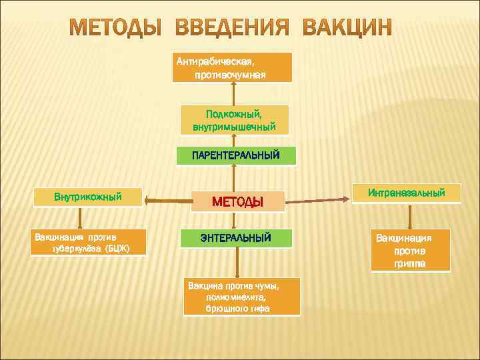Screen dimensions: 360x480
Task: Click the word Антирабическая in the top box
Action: click(x=216, y=61)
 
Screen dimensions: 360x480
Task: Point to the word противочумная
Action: click(x=230, y=75)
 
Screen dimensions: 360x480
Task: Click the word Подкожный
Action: click(x=234, y=114)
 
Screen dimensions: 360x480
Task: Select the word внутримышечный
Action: click(x=234, y=126)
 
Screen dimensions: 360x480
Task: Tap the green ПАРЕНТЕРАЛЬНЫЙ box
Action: click(x=235, y=155)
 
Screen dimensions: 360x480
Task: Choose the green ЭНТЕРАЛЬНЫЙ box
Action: click(x=236, y=238)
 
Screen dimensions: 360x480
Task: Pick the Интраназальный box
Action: click(x=406, y=193)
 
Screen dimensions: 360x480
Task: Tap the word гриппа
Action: click(x=410, y=264)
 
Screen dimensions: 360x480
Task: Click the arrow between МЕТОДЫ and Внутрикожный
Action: click(x=167, y=199)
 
